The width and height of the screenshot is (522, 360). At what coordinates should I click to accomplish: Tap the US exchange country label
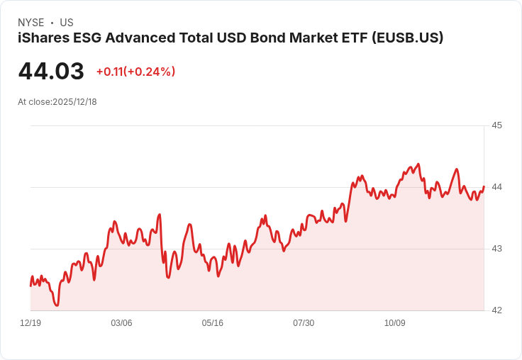[x=67, y=23]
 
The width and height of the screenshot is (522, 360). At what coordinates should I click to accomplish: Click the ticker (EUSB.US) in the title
[x=407, y=38]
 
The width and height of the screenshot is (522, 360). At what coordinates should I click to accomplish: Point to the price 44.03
[x=51, y=72]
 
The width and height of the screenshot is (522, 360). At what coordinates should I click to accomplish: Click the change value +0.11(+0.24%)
[x=135, y=72]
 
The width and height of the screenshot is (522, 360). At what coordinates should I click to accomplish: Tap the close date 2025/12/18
[x=74, y=102]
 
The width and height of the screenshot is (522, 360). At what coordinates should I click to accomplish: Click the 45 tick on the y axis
[x=496, y=125]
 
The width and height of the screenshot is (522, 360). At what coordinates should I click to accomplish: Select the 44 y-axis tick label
[x=496, y=187]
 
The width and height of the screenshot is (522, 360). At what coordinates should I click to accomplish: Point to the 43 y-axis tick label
[x=496, y=249]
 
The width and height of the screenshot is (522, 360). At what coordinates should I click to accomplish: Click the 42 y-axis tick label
[x=496, y=310]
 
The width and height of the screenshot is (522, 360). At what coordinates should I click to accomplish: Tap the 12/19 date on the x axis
[x=30, y=323]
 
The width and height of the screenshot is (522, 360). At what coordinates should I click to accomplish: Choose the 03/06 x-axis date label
[x=121, y=323]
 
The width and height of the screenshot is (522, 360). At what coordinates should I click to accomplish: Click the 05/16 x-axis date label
[x=213, y=323]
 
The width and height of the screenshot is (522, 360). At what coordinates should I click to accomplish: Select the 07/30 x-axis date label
[x=304, y=323]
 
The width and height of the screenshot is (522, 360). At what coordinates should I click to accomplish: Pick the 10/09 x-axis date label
[x=395, y=323]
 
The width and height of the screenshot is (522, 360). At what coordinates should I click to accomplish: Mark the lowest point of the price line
[x=57, y=305]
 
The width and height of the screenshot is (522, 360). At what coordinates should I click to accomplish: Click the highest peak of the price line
[x=418, y=164]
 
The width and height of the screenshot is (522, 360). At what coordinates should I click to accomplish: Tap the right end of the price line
[x=484, y=186]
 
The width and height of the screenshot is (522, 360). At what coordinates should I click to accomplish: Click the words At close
[x=34, y=102]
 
